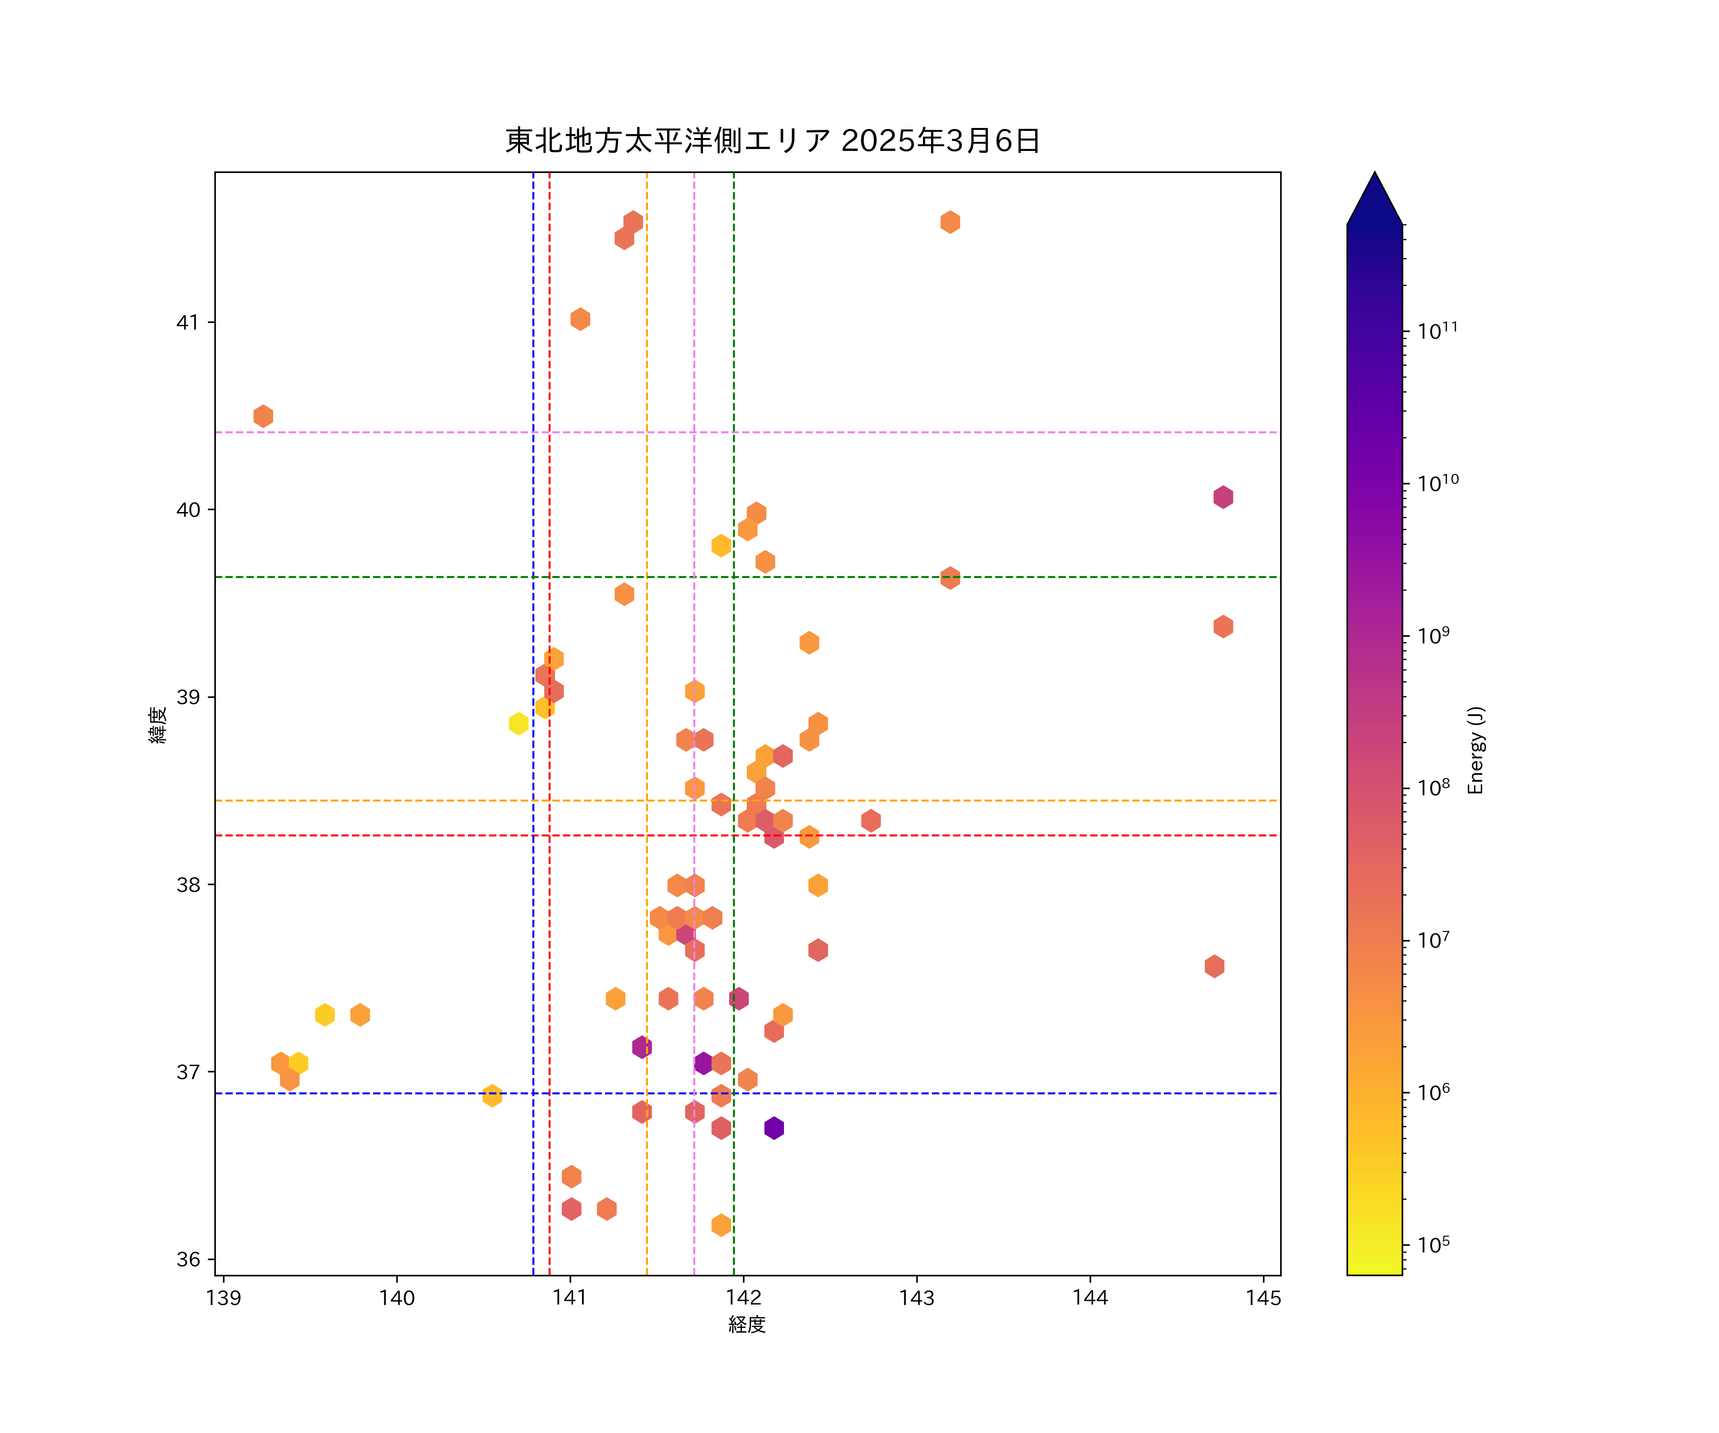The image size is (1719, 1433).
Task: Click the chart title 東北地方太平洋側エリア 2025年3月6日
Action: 772,141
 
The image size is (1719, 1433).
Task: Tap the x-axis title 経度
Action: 746,1324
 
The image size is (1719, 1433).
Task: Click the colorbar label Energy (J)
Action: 1476,750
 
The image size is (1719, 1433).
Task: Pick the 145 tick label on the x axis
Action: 1263,1298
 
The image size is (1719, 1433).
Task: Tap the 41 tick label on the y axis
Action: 188,322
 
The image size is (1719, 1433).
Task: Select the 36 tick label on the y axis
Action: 188,1260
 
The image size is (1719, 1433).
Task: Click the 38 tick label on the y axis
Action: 188,884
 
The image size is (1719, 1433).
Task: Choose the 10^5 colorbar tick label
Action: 1434,1245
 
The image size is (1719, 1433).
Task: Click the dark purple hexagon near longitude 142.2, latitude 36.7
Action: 774,1128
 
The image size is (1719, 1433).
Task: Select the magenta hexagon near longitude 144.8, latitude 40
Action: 1223,497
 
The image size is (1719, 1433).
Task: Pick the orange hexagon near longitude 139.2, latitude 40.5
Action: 263,416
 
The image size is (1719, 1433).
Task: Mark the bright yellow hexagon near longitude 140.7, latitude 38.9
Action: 518,723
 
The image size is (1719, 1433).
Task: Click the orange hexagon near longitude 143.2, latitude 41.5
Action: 950,222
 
